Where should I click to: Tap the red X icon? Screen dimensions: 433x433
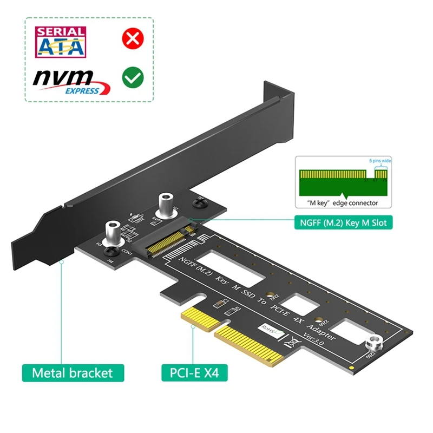132,39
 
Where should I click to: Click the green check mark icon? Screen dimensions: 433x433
132,77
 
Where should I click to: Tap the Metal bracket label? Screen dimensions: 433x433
73,373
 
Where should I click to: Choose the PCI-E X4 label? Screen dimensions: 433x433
194,373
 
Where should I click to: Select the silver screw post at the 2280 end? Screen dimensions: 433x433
373,343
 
